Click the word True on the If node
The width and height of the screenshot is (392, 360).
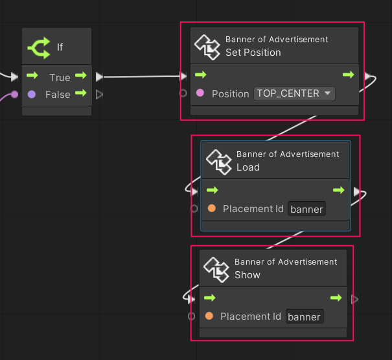[60, 77]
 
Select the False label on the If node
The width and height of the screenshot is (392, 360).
[58, 95]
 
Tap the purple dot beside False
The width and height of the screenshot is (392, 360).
[32, 95]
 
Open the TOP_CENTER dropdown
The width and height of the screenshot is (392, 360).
[294, 93]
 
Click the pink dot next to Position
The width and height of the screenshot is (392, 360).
[200, 93]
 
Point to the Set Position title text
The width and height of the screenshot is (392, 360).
[253, 53]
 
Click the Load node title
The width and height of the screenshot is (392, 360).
[248, 167]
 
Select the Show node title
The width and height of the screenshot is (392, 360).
[247, 275]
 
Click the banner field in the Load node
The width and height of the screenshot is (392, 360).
[306, 209]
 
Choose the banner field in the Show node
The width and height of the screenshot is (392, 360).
[304, 317]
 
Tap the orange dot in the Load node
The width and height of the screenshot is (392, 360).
[211, 209]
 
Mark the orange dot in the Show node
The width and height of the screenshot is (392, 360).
[209, 317]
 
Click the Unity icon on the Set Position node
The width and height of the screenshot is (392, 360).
[207, 46]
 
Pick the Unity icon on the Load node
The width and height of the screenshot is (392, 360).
[218, 161]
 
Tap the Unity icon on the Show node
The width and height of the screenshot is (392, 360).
[216, 269]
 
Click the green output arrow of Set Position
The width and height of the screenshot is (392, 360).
[349, 75]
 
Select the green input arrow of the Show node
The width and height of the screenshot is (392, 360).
[209, 298]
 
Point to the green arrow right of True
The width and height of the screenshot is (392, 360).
[80, 77]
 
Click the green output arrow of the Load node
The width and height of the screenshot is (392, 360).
[338, 190]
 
